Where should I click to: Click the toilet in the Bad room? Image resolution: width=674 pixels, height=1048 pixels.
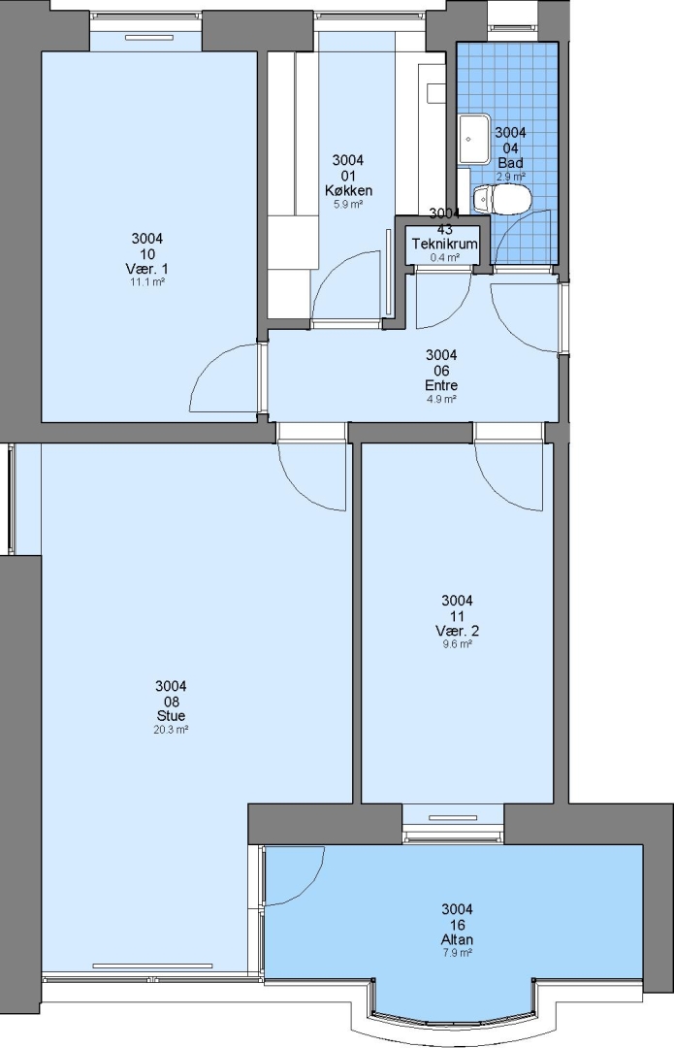[x=501, y=199]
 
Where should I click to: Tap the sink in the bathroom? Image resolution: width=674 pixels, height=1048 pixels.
[x=474, y=139]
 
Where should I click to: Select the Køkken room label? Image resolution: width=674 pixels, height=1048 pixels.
[x=348, y=190]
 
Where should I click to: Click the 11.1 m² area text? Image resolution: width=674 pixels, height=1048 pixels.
[x=147, y=282]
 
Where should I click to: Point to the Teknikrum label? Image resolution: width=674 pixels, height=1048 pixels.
[x=444, y=244]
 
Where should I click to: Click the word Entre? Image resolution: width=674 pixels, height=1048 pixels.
[x=441, y=385]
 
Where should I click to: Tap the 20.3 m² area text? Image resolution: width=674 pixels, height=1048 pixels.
[x=171, y=730]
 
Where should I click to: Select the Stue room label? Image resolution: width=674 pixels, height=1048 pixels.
[x=171, y=716]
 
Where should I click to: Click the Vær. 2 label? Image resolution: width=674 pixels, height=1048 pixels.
[x=457, y=631]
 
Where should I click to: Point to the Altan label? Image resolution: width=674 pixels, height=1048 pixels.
[x=457, y=939]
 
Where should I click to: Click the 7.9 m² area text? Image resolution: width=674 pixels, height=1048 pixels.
[x=457, y=953]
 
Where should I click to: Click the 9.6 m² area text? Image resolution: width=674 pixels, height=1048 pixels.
[x=457, y=645]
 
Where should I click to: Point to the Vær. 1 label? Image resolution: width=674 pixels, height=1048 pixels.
[x=147, y=269]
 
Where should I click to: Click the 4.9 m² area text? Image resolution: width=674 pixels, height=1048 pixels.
[x=441, y=400]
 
